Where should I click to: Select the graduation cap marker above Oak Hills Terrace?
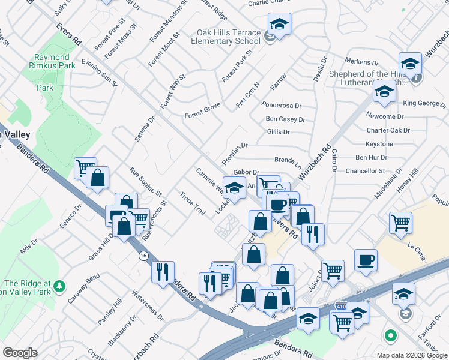click(279, 25)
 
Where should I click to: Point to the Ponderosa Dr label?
click(281, 105)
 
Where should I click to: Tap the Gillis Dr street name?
click(278, 132)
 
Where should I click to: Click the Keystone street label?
click(379, 144)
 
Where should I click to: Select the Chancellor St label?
click(364, 171)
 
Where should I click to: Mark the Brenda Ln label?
click(288, 161)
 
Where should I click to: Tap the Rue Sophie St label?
click(145, 182)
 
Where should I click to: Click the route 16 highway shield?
click(143, 256)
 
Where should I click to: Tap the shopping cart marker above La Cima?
click(400, 223)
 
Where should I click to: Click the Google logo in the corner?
click(20, 353)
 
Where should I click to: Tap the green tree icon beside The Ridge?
click(59, 286)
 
